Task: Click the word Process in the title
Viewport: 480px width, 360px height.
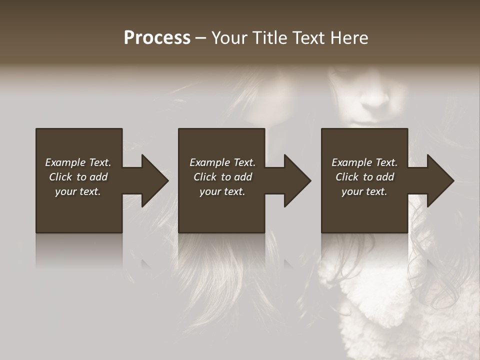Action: click(157, 38)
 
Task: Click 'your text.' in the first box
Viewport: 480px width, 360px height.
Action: click(78, 191)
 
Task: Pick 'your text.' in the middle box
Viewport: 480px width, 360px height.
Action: click(222, 191)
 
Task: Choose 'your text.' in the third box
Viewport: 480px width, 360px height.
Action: click(364, 191)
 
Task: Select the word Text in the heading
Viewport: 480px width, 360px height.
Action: click(306, 38)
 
